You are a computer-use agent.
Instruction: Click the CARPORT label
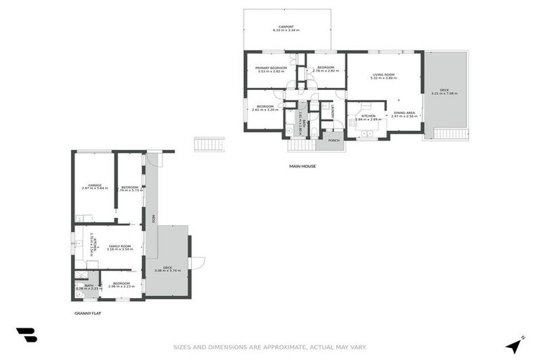point(286,27)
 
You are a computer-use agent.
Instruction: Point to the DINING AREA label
point(404,113)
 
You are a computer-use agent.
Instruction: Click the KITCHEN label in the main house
point(368,115)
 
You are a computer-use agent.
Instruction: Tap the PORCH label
point(334,140)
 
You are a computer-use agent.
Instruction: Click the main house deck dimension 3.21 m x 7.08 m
point(444,93)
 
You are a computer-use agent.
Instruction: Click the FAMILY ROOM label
point(120,245)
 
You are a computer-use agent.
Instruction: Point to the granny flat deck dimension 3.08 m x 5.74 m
point(167,271)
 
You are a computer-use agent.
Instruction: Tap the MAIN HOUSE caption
point(302,167)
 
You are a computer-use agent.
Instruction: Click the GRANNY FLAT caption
point(87,314)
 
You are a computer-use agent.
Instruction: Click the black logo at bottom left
point(26,335)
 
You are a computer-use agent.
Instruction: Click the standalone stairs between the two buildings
point(209,144)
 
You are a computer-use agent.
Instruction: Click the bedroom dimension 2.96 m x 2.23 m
point(123,286)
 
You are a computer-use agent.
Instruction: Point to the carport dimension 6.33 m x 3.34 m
point(286,31)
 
